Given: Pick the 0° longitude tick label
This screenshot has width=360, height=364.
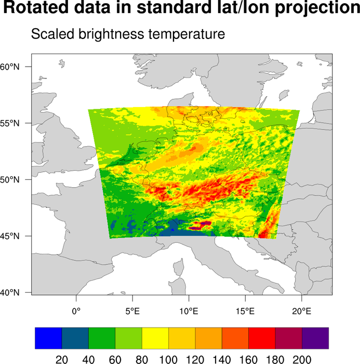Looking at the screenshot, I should point(76,311).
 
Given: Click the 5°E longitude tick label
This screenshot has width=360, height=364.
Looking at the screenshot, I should point(132,311).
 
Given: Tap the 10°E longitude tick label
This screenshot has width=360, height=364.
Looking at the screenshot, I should point(189,311).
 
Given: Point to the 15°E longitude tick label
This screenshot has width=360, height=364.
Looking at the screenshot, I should point(245,311).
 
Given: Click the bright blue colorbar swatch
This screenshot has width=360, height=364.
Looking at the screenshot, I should point(48,338).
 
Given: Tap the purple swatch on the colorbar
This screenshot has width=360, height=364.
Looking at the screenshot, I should point(315,338).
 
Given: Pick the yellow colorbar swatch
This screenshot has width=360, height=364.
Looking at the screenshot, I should point(155,338).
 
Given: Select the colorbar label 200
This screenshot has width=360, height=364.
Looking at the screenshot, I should point(302,359).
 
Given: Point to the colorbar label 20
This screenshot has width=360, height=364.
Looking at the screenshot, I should point(62,359).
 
